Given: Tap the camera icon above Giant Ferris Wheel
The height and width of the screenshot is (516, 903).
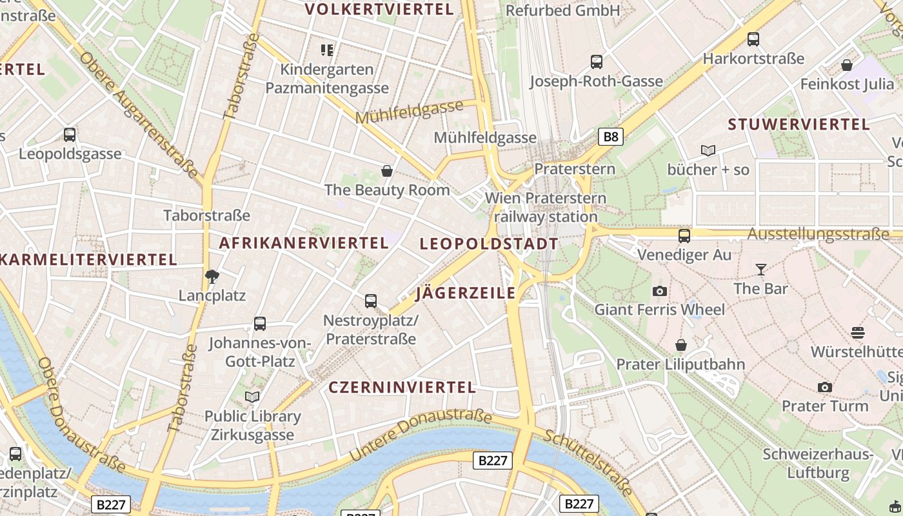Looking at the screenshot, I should click(x=659, y=291).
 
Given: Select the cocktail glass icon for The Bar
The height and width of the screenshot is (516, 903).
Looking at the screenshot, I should click(x=761, y=269).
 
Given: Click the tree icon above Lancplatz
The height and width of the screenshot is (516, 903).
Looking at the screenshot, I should click(x=212, y=277).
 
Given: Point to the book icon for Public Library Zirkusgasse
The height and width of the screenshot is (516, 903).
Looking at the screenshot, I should click(x=252, y=397).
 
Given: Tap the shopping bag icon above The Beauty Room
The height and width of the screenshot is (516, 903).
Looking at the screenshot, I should click(x=387, y=171).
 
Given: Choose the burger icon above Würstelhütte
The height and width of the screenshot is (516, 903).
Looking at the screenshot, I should click(x=857, y=333).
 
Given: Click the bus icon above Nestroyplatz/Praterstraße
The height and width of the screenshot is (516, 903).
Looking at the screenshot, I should click(x=371, y=301).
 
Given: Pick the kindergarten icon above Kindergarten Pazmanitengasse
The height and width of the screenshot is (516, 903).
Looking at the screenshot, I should click(x=327, y=50).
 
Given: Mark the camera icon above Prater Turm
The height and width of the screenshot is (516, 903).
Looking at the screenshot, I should click(x=824, y=387).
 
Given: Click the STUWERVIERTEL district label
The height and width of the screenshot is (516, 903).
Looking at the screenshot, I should click(x=799, y=124).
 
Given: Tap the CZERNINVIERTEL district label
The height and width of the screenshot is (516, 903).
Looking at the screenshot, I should click(x=402, y=387).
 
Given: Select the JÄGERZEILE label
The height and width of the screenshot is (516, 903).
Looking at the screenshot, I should click(x=466, y=293).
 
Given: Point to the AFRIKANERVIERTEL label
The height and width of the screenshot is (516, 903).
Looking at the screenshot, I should click(x=304, y=243).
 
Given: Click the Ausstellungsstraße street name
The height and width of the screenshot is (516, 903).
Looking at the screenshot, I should click(x=818, y=233).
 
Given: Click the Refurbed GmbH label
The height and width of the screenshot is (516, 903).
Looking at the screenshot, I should click(x=562, y=10).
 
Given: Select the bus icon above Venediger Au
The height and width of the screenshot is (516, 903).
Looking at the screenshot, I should click(x=684, y=236).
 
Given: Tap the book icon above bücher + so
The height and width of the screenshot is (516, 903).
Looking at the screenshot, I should click(x=708, y=151).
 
